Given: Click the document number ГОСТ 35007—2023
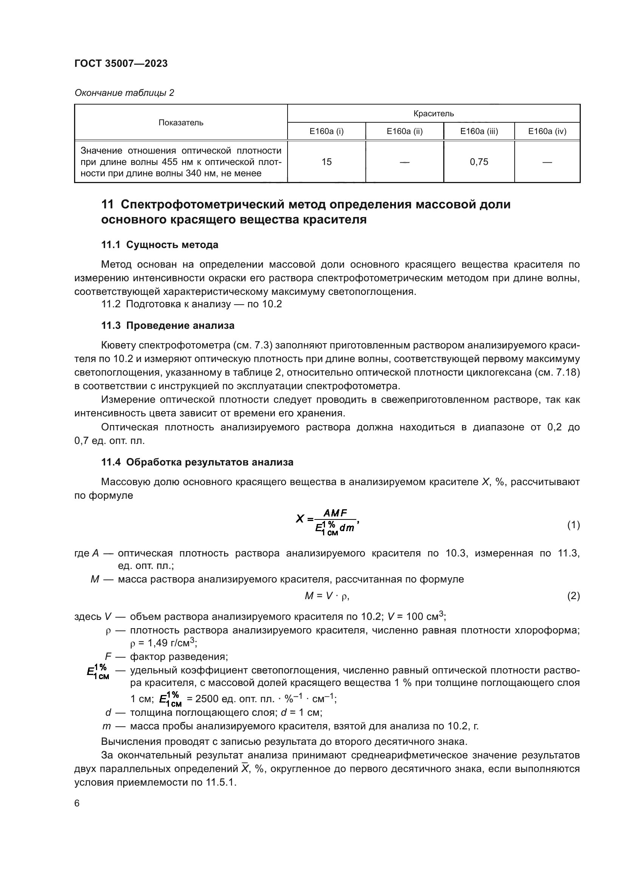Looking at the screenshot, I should click(x=121, y=64).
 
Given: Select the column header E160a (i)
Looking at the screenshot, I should click(x=326, y=131).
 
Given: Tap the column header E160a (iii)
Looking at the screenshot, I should click(x=479, y=131).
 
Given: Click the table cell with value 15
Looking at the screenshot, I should click(x=326, y=162).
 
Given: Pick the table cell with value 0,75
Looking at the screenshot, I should click(x=479, y=162).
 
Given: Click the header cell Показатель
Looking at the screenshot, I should click(x=181, y=123).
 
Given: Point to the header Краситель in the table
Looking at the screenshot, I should click(x=433, y=114).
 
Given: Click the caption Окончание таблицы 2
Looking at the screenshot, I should click(x=124, y=93).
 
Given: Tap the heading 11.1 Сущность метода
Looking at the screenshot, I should click(x=160, y=245).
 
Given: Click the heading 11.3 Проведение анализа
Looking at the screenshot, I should click(x=168, y=326).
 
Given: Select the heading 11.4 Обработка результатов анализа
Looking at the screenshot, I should click(x=197, y=462).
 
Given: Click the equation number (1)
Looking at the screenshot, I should click(x=573, y=525).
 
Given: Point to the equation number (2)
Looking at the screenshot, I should click(x=573, y=596).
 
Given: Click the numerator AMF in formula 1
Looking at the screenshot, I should click(x=335, y=513).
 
